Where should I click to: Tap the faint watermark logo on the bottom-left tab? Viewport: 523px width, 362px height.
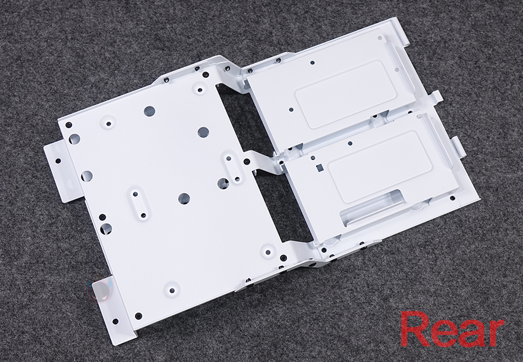(100, 288)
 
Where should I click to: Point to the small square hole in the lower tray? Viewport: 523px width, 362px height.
(320, 167)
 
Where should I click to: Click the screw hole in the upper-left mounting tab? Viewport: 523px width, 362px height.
(58, 161)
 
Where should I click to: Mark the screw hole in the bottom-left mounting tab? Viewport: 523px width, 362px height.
(115, 321)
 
